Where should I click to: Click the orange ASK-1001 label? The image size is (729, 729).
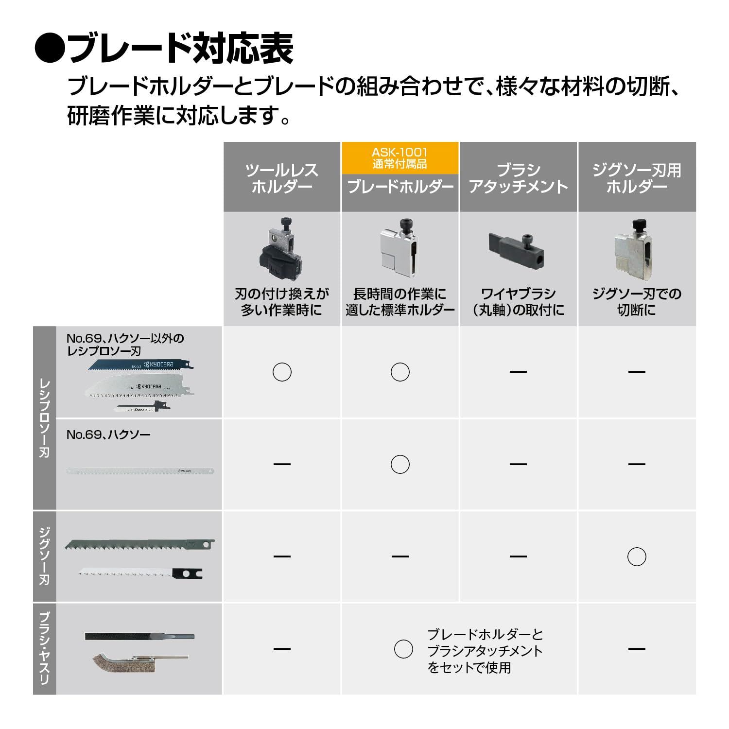399,158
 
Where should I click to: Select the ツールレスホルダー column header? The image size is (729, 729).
281,178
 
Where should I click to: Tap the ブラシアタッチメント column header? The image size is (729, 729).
518,178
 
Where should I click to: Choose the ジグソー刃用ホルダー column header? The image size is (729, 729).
636,178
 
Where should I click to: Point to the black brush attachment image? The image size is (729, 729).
516,249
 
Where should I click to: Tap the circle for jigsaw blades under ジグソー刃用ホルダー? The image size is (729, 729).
637,556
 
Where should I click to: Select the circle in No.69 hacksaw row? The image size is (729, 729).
400,464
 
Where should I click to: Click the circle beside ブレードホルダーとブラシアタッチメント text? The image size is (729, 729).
403,649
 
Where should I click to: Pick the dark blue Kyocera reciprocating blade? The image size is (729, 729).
138,365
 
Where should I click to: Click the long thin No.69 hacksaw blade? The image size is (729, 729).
140,471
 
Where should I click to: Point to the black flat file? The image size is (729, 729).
139,636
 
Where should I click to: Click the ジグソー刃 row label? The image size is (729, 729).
44,556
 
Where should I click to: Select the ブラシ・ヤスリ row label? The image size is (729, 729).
44,648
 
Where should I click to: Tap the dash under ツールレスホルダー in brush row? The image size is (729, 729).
282,649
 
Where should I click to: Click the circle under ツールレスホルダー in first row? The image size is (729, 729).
282,372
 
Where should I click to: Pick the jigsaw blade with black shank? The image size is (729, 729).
141,573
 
